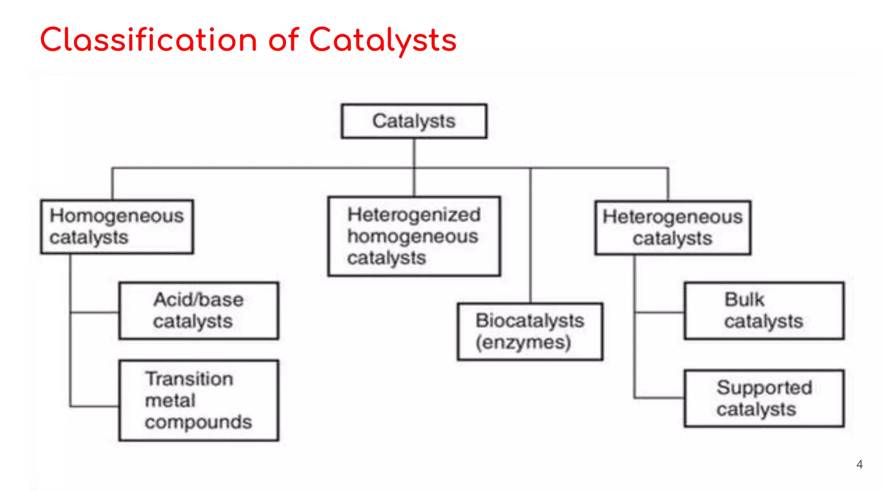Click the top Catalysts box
click(x=414, y=121)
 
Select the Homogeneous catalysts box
click(x=117, y=227)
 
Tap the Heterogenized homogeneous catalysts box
click(x=414, y=236)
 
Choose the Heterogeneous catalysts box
click(x=672, y=227)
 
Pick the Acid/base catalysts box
click(x=199, y=311)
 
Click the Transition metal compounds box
click(x=199, y=400)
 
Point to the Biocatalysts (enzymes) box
click(x=530, y=331)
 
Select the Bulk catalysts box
click(x=764, y=311)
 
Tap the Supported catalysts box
click(x=764, y=398)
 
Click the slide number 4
click(x=859, y=464)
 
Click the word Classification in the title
click(x=148, y=40)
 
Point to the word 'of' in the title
click(x=283, y=40)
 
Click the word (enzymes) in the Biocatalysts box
click(x=523, y=343)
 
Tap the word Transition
click(x=189, y=379)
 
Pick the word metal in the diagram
click(x=170, y=400)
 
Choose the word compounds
click(x=198, y=422)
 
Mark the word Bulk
click(x=744, y=299)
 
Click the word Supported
click(x=764, y=387)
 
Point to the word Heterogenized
click(x=414, y=214)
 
